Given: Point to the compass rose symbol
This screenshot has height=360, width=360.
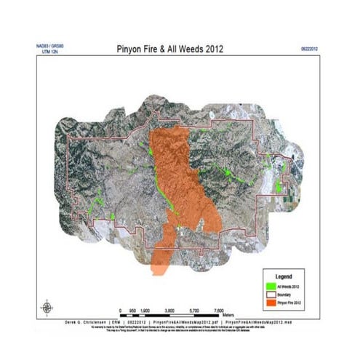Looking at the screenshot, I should click(x=45, y=304).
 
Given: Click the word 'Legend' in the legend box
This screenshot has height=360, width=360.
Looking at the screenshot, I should click(x=285, y=278).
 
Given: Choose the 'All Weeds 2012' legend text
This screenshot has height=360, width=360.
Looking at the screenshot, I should click(x=288, y=287).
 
